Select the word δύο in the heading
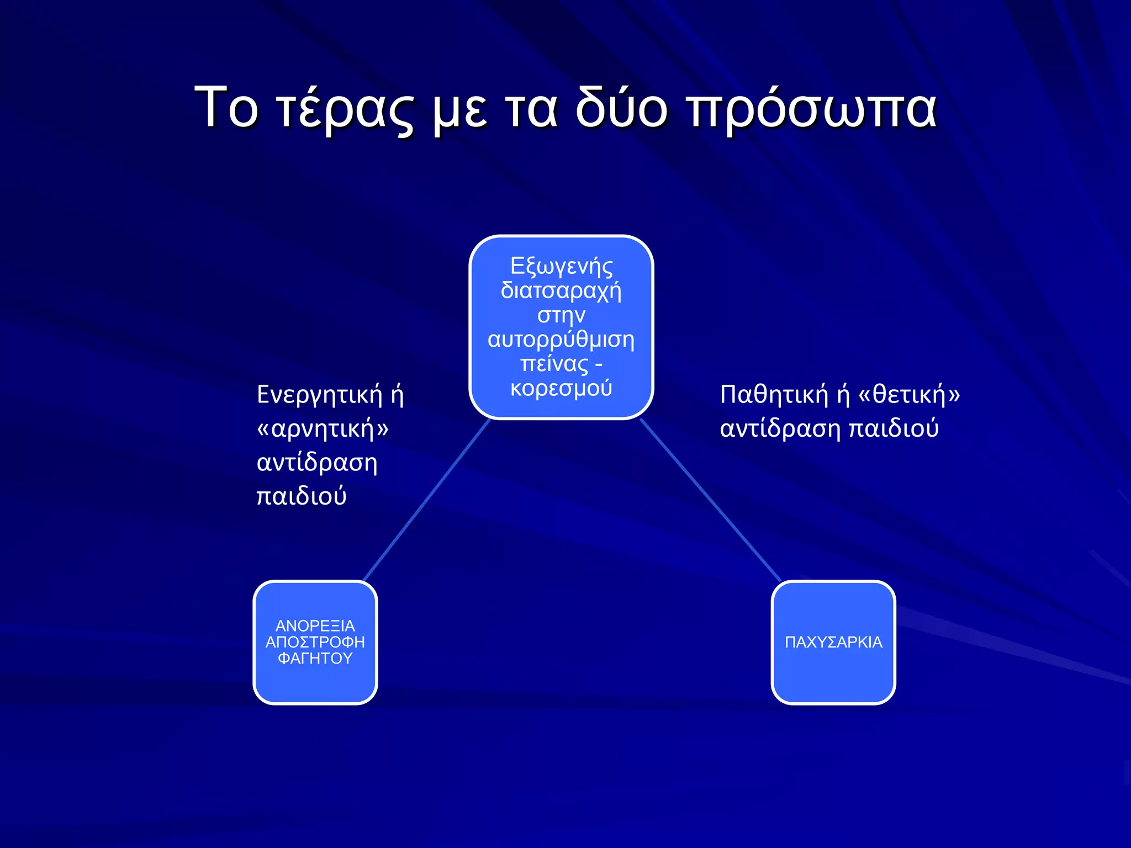coord(621,108)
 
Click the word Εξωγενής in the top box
coord(561,266)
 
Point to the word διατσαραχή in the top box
coord(561,291)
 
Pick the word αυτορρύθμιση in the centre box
coord(561,340)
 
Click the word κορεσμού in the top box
coord(561,388)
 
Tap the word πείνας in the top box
coord(554,364)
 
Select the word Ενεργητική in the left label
coord(319,395)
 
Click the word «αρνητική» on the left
coord(323,429)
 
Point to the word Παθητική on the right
coord(774,395)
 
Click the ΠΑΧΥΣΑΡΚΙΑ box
coord(833,642)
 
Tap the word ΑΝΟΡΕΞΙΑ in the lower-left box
coord(315,626)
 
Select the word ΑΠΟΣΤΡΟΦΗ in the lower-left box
coord(315,642)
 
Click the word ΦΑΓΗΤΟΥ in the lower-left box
coord(315,658)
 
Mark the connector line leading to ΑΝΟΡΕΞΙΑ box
coord(426,500)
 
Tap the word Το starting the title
coord(226,108)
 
